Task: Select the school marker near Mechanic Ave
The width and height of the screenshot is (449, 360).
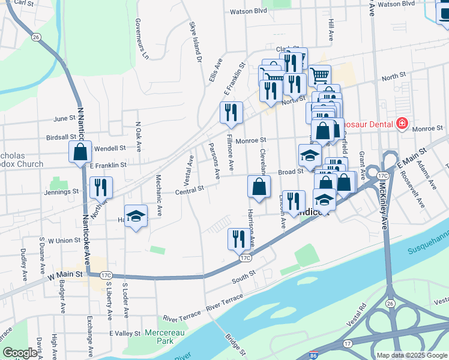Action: click(x=136, y=216)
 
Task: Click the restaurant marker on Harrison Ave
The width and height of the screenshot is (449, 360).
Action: click(x=239, y=239)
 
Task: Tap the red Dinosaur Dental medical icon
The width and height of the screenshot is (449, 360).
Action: click(x=402, y=124)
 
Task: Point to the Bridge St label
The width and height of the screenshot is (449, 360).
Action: click(x=235, y=346)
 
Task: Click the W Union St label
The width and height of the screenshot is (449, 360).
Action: click(x=64, y=241)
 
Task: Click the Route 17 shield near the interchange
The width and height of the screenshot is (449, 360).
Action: click(x=348, y=343)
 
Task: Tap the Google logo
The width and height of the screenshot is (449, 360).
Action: click(x=20, y=353)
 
